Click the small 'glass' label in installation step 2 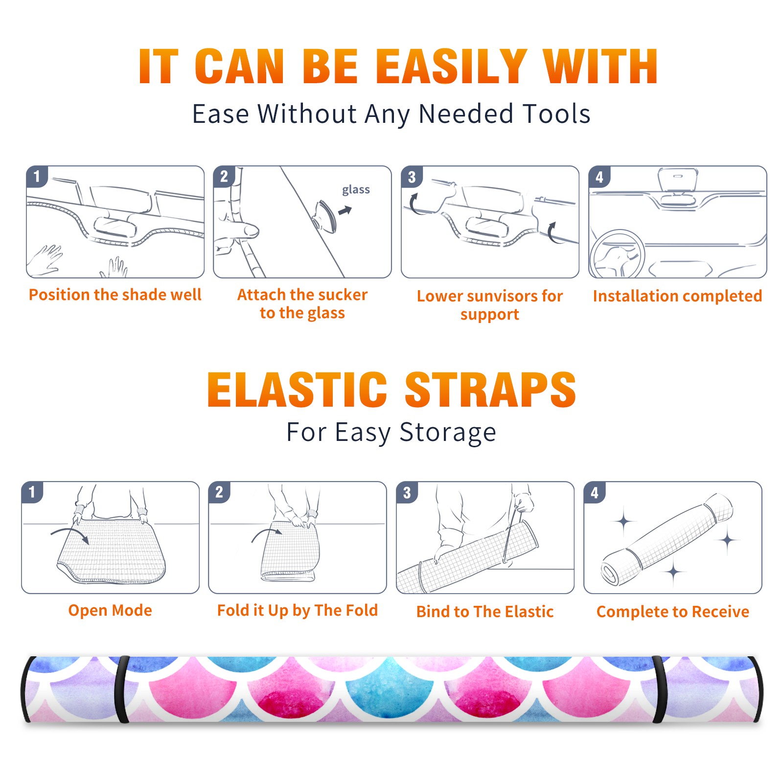[356, 189]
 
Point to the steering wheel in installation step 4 [618, 254]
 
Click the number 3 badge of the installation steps [412, 177]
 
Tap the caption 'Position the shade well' [115, 295]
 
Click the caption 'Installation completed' [677, 296]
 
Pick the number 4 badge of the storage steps [595, 492]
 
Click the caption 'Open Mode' [110, 610]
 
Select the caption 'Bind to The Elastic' [485, 611]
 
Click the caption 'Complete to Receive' [673, 611]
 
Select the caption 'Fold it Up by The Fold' [298, 610]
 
